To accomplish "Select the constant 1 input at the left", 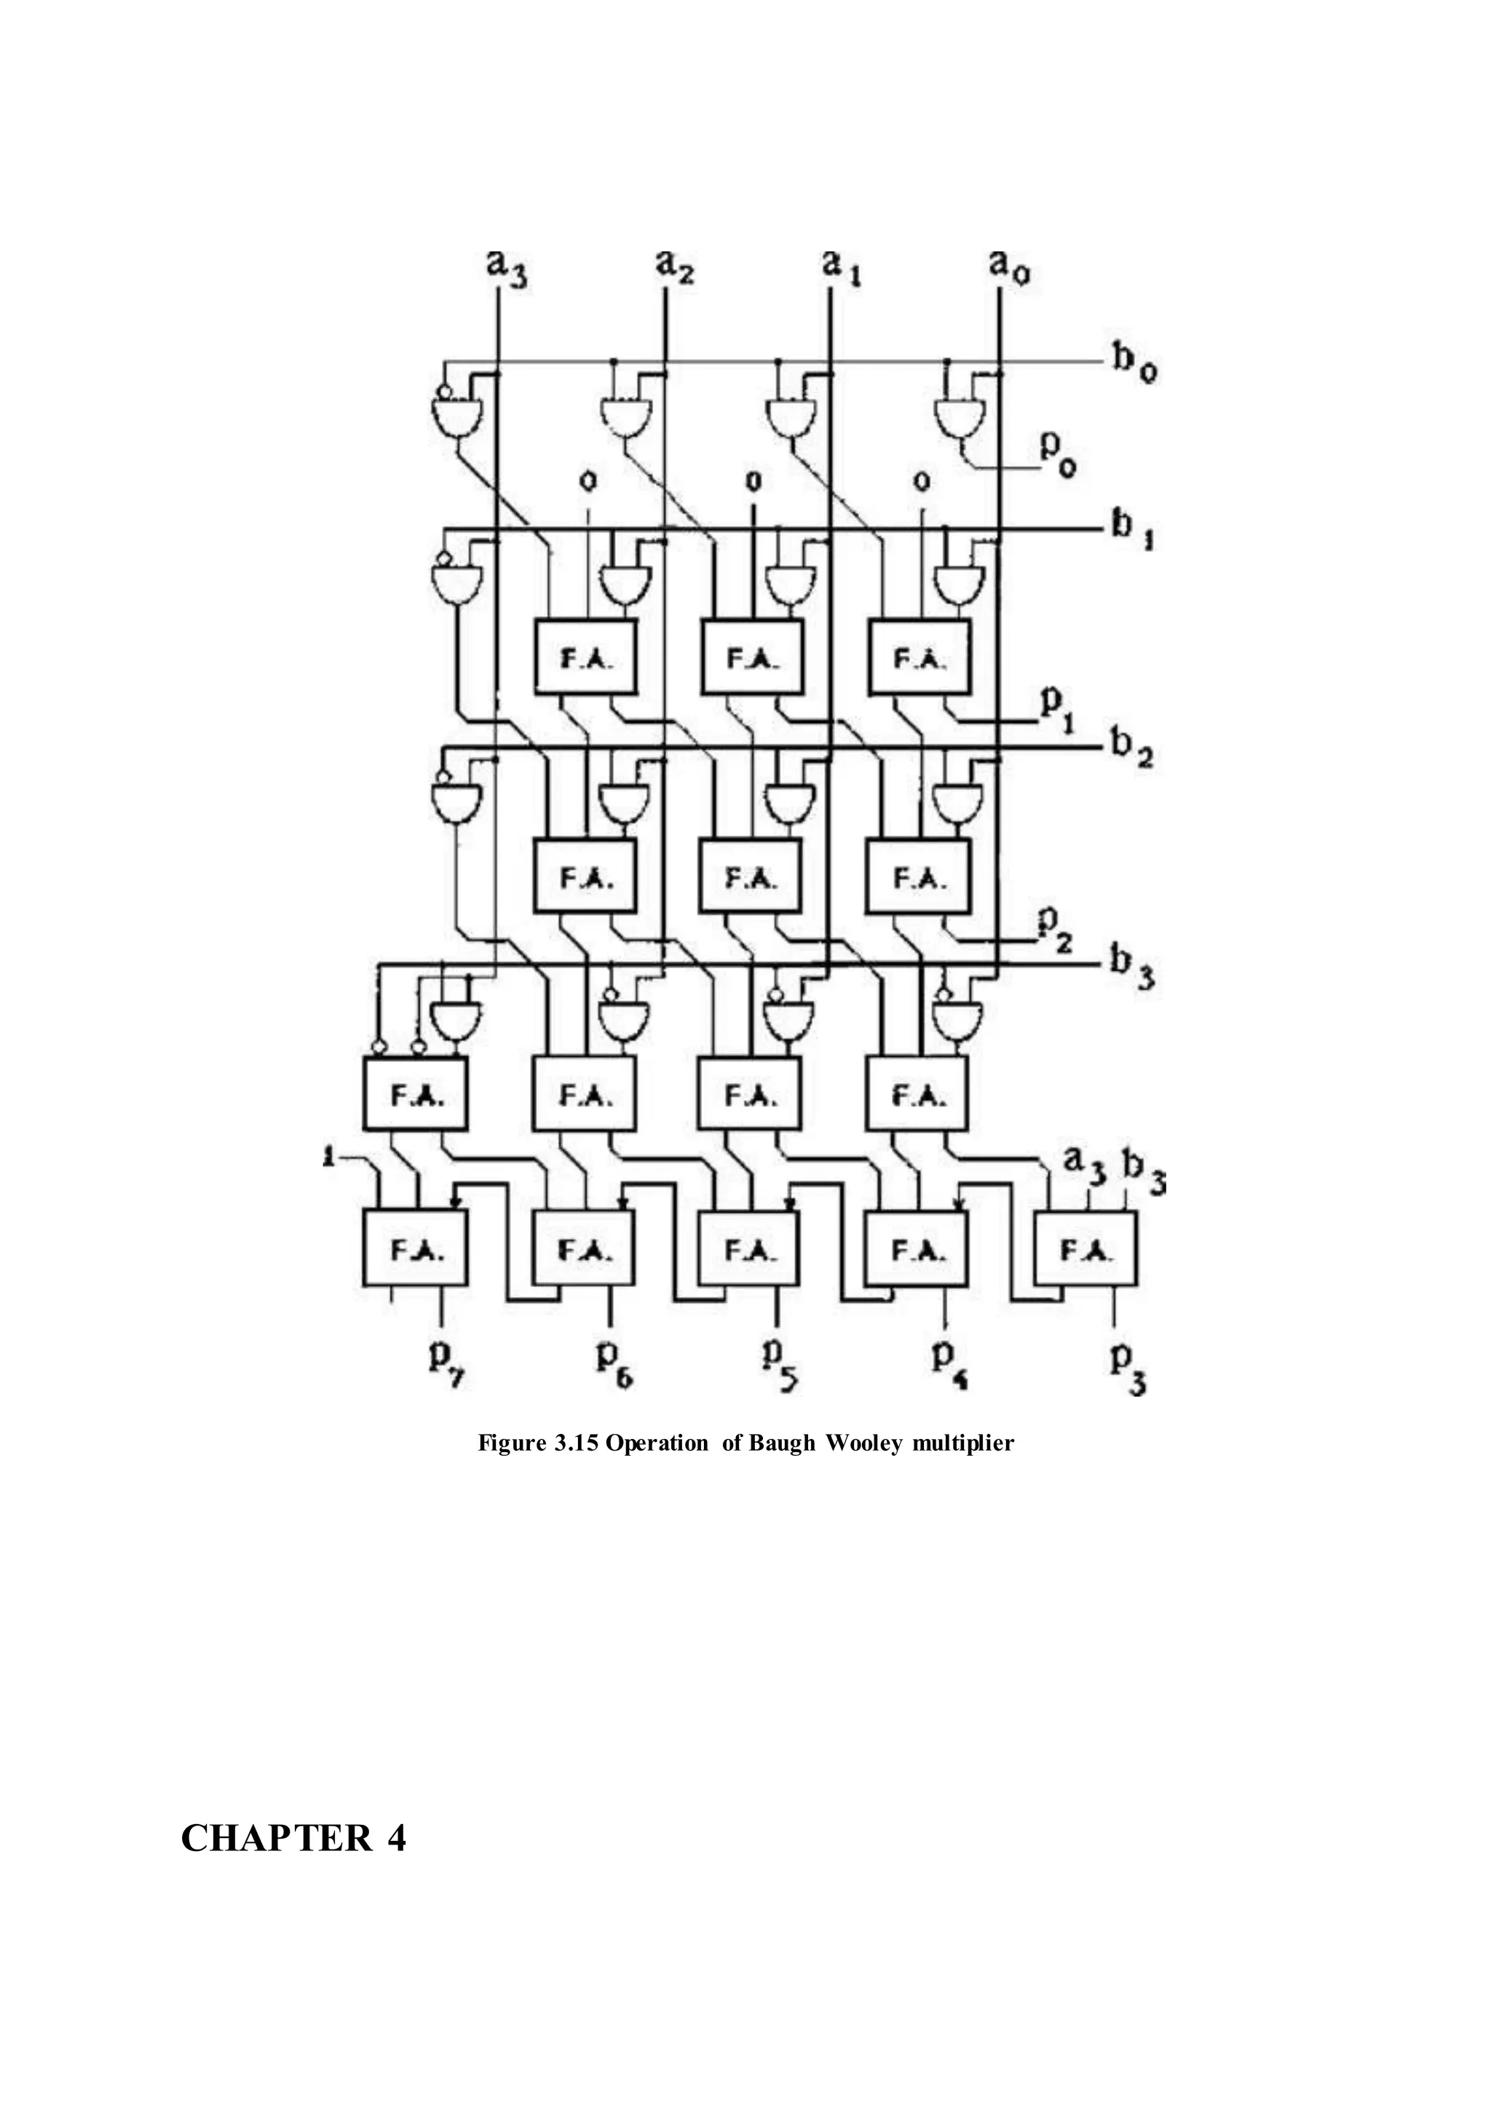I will pyautogui.click(x=328, y=1158).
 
